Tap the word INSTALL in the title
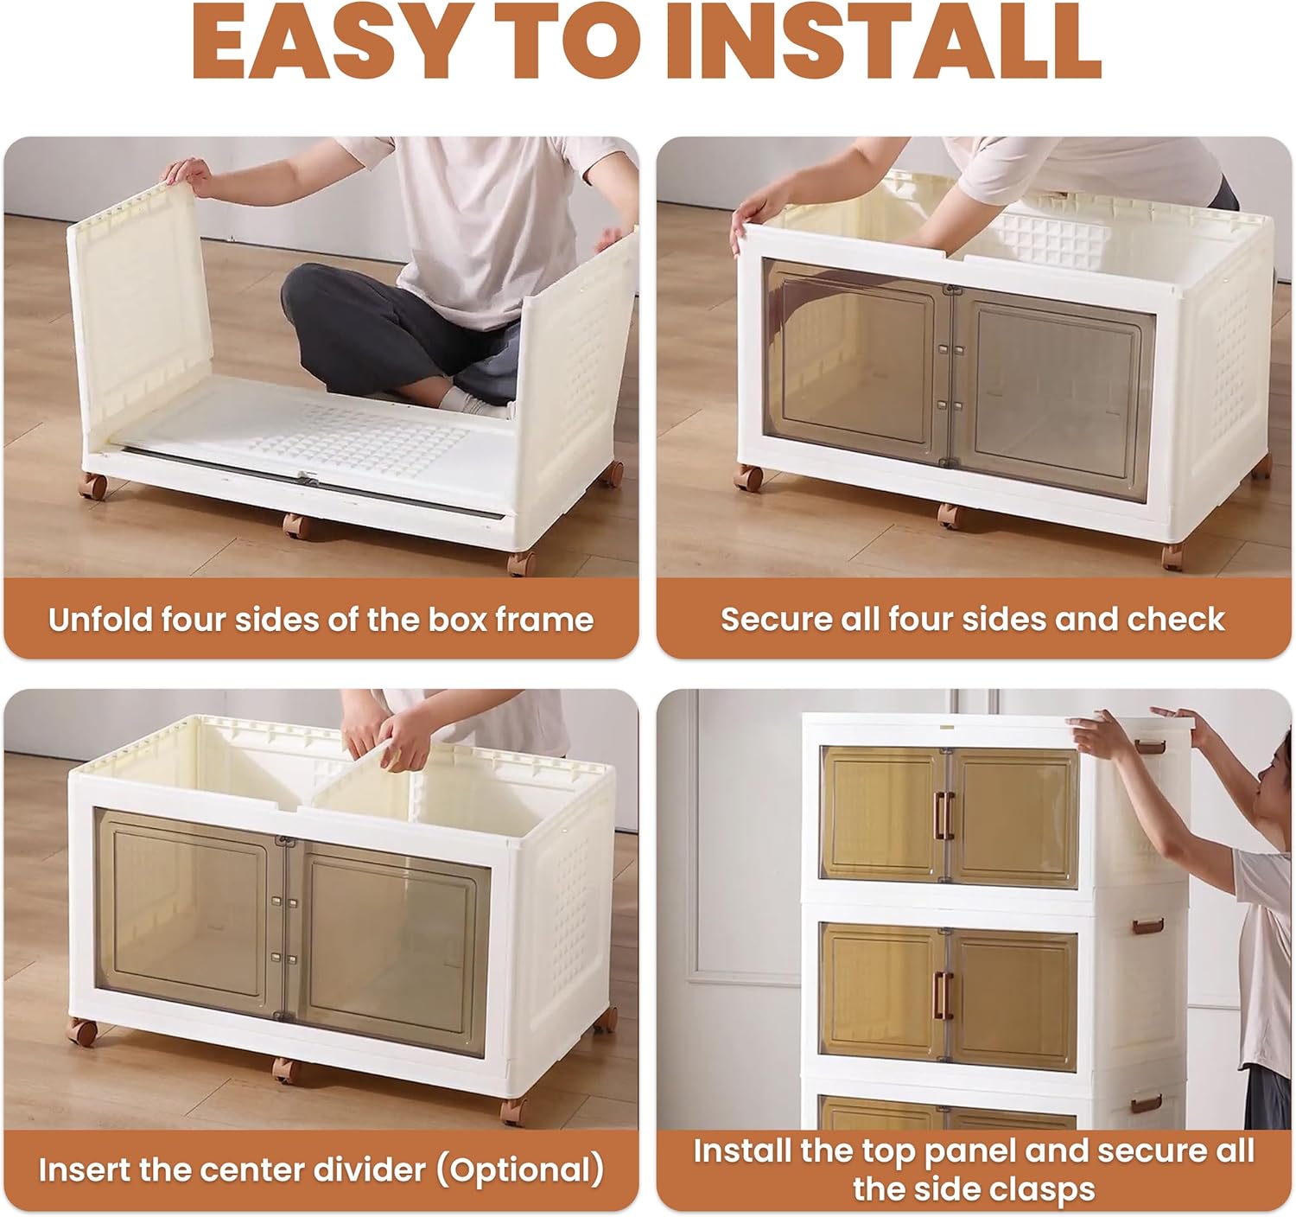[883, 41]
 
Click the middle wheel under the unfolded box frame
[297, 526]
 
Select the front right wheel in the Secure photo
[1173, 557]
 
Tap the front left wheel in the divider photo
[82, 1031]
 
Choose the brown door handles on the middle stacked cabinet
[943, 996]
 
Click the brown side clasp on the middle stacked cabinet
[1148, 927]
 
